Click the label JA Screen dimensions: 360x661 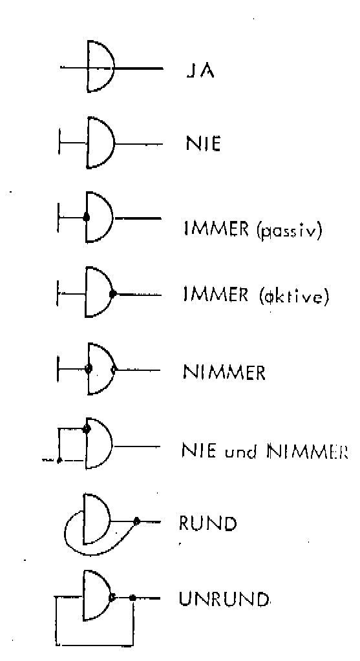[200, 70]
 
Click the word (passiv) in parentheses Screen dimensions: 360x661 [283, 231]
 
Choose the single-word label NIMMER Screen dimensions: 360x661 [224, 372]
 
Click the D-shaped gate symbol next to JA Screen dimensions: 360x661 [101, 66]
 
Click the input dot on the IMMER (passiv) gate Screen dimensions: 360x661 [87, 218]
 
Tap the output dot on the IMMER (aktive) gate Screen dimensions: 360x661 [112, 294]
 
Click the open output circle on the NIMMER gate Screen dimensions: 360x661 [113, 370]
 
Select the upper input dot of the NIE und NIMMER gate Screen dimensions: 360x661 [87, 429]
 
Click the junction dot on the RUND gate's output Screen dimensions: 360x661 [136, 521]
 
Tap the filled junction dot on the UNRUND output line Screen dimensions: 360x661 [132, 597]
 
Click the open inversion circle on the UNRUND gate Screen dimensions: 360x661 [111, 597]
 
